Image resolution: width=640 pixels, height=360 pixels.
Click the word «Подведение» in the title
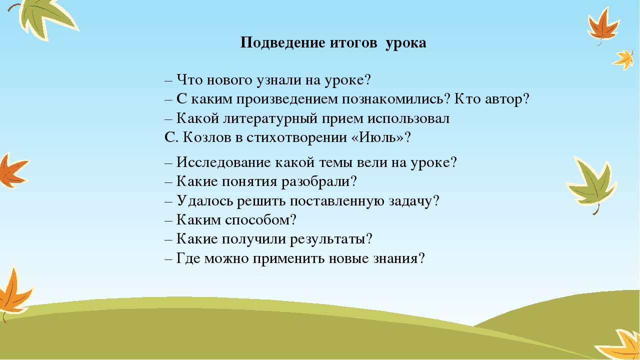283,43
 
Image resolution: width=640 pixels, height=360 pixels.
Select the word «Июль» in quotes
377,137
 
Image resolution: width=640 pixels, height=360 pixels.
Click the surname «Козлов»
207,137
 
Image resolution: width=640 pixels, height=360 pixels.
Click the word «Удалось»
205,200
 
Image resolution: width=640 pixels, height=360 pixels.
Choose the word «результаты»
327,239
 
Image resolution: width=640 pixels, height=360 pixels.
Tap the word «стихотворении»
296,137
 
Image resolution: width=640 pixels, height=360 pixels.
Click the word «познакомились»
393,99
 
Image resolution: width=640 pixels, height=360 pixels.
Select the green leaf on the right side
593,184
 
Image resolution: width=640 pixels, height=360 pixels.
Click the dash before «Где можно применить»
168,259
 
